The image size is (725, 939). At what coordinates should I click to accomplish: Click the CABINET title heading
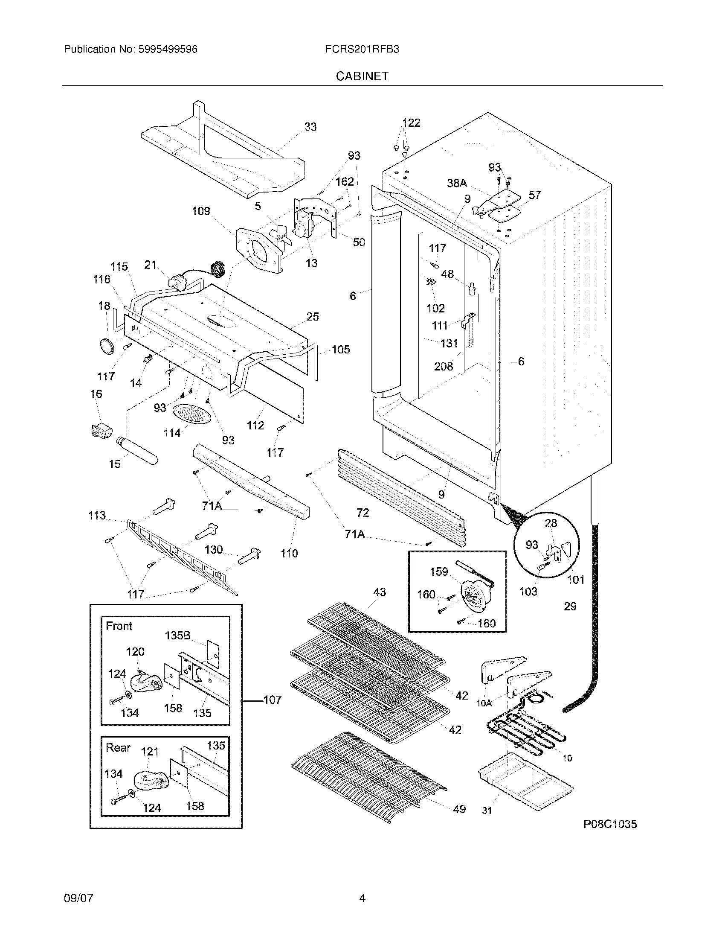[362, 76]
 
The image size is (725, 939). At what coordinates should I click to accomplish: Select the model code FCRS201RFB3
[362, 50]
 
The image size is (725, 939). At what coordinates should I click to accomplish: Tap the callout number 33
[310, 127]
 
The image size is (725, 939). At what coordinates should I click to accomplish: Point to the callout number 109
[201, 211]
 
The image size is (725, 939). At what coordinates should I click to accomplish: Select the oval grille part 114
[192, 414]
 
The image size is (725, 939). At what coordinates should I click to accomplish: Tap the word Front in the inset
[119, 626]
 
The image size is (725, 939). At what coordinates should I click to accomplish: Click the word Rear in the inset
[118, 748]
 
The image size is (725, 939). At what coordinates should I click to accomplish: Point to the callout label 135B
[177, 636]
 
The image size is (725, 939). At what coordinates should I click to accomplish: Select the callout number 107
[273, 700]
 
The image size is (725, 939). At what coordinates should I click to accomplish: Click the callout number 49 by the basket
[459, 809]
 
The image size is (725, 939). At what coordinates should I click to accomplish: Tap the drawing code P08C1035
[610, 824]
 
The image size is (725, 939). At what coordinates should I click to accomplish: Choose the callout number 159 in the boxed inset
[439, 572]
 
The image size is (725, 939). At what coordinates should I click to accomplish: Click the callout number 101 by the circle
[576, 580]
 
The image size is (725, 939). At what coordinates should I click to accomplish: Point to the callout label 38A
[457, 184]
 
